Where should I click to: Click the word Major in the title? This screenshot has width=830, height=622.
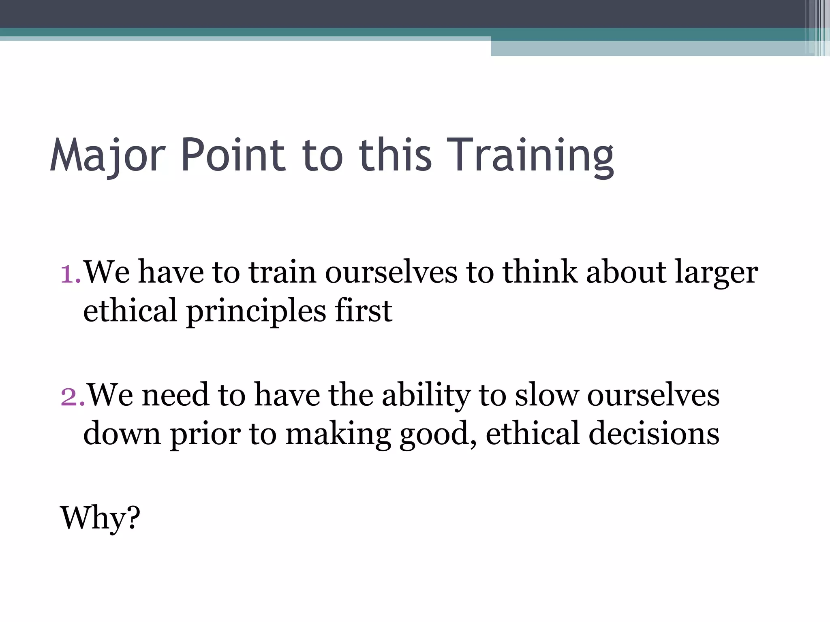coord(108,156)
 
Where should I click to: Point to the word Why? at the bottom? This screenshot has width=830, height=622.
coord(100,518)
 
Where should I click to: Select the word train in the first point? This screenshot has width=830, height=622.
coord(282,272)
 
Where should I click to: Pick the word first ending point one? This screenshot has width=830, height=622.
coord(363,311)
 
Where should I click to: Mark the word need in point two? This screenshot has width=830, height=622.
coord(175,395)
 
